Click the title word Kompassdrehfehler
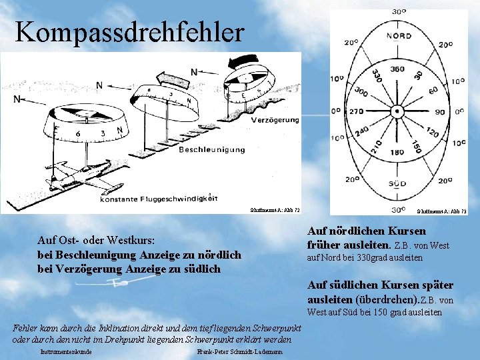pyautogui.click(x=130, y=32)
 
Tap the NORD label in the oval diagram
pyautogui.click(x=399, y=35)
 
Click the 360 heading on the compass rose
pyautogui.click(x=397, y=69)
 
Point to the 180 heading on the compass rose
pyautogui.click(x=397, y=153)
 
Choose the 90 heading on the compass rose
pyautogui.click(x=439, y=111)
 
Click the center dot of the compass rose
pyautogui.click(x=398, y=111)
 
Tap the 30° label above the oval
pyautogui.click(x=399, y=11)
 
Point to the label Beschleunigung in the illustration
pyautogui.click(x=212, y=150)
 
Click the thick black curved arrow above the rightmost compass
pyautogui.click(x=248, y=61)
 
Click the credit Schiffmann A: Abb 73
pyautogui.click(x=441, y=211)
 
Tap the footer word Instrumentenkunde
pyautogui.click(x=65, y=351)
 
